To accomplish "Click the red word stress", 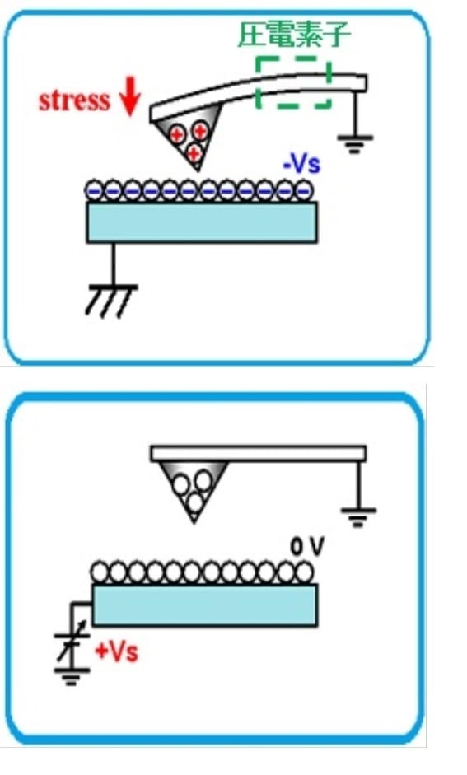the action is pos(74,100).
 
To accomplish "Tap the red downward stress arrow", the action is pos(130,96).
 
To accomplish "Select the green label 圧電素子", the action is pos(294,35).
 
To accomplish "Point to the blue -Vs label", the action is pos(301,164).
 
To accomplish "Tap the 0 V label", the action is pos(307,547).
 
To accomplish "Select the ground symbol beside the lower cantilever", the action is pos(358,517).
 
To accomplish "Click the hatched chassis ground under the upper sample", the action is pos(112,300).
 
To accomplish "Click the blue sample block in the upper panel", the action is pos(202,222).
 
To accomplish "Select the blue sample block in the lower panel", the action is pos(204,605).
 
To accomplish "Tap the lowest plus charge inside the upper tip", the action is pos(194,152).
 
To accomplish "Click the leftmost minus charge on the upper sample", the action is pos(95,190).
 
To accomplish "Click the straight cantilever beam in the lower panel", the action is pos(259,454).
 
